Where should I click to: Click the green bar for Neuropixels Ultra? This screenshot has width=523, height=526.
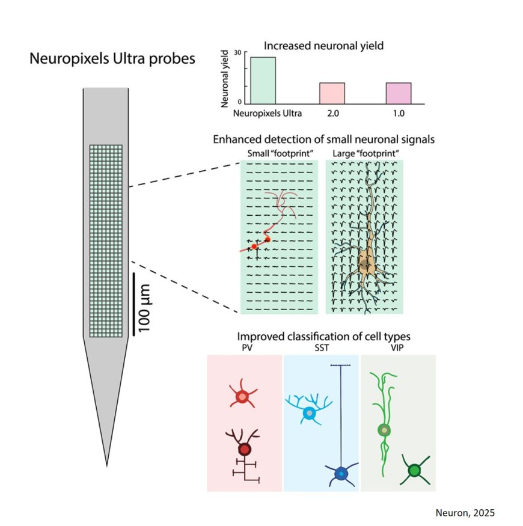click(263, 81)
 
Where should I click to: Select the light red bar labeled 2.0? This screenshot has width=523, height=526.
click(332, 93)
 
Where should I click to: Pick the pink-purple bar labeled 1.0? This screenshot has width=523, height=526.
click(399, 93)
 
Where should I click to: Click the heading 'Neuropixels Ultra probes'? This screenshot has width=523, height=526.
click(112, 60)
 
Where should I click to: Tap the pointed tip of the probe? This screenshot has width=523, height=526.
click(107, 464)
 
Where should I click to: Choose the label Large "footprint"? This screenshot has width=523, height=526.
click(364, 153)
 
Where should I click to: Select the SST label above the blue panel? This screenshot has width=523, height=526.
click(320, 347)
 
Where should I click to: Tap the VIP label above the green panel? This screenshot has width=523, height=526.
click(397, 347)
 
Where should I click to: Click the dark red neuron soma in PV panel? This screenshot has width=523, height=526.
click(244, 449)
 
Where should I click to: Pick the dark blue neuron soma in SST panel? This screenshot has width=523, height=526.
click(341, 474)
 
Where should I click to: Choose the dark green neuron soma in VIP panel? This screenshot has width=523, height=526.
click(414, 470)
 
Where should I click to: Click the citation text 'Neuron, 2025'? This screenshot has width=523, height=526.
click(465, 512)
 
